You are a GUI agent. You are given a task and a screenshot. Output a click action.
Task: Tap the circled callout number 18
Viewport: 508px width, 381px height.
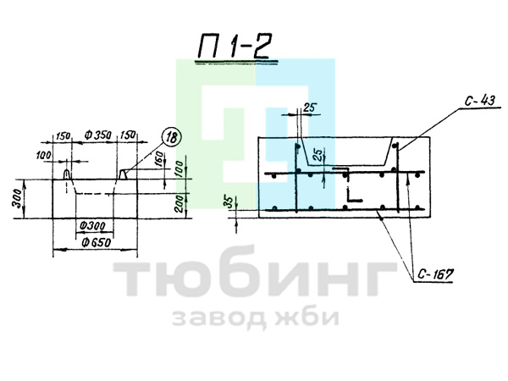(x=171, y=137)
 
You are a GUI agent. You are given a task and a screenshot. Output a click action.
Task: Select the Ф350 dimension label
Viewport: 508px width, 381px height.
(x=98, y=135)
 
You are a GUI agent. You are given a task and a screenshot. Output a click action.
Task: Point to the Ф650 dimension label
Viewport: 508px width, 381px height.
(x=97, y=242)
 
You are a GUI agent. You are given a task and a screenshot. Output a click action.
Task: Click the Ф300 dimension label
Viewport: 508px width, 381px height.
(x=91, y=225)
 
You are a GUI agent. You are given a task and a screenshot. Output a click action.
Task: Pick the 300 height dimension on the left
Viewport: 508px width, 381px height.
(x=17, y=198)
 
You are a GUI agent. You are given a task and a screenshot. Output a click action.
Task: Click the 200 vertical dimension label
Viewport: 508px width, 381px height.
(x=179, y=204)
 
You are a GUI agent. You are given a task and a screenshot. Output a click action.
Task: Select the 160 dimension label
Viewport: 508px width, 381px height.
(x=159, y=159)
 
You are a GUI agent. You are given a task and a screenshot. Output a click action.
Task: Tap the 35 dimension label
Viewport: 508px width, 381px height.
(x=229, y=202)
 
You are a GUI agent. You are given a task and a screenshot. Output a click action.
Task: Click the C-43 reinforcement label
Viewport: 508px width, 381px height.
(x=480, y=101)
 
